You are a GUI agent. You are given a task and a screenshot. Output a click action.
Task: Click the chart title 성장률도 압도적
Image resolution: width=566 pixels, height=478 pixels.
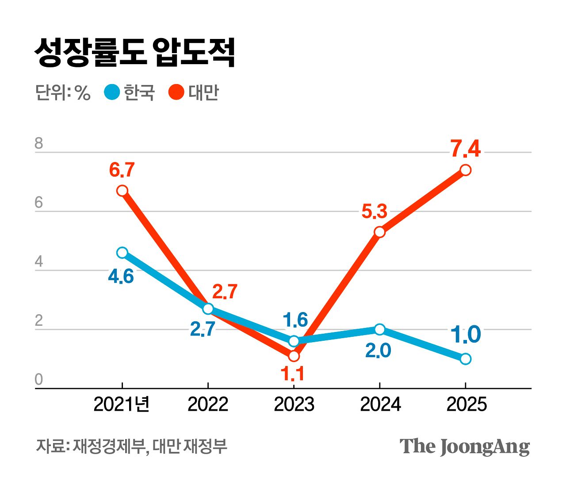(134, 52)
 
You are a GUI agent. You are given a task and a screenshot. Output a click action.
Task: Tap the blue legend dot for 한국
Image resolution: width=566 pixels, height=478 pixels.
(112, 92)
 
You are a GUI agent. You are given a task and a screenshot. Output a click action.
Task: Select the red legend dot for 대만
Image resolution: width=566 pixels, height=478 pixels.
(176, 92)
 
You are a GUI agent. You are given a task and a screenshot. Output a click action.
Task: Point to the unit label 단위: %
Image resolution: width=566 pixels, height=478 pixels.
(63, 93)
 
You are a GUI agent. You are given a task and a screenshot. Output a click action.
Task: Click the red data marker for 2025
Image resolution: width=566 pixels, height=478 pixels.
(465, 170)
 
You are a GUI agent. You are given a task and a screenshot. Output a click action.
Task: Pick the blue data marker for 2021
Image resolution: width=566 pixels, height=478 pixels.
(122, 253)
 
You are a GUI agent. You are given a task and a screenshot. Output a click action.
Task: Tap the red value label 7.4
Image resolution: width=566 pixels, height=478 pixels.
(466, 149)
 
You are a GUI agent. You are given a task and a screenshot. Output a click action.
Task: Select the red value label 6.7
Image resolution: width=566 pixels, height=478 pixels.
(122, 170)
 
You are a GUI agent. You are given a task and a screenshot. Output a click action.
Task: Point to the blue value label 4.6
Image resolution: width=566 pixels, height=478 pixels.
(121, 277)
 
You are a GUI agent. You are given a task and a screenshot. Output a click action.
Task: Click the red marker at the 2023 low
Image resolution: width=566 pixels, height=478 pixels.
(294, 356)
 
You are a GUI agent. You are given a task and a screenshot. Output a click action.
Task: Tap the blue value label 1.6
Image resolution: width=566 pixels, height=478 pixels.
(295, 320)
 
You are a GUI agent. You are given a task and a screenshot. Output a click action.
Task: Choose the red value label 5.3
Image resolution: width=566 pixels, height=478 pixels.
(374, 212)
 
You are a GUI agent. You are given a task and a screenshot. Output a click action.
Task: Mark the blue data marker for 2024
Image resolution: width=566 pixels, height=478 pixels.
(379, 329)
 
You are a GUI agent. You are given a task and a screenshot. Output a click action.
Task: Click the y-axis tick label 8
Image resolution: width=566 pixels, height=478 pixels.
(39, 144)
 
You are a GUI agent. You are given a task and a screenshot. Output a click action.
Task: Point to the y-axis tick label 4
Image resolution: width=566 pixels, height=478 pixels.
(39, 262)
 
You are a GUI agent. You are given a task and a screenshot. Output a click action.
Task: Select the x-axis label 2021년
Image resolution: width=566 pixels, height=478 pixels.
(122, 404)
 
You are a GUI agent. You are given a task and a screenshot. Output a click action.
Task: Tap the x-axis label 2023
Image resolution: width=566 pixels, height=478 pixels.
(294, 404)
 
